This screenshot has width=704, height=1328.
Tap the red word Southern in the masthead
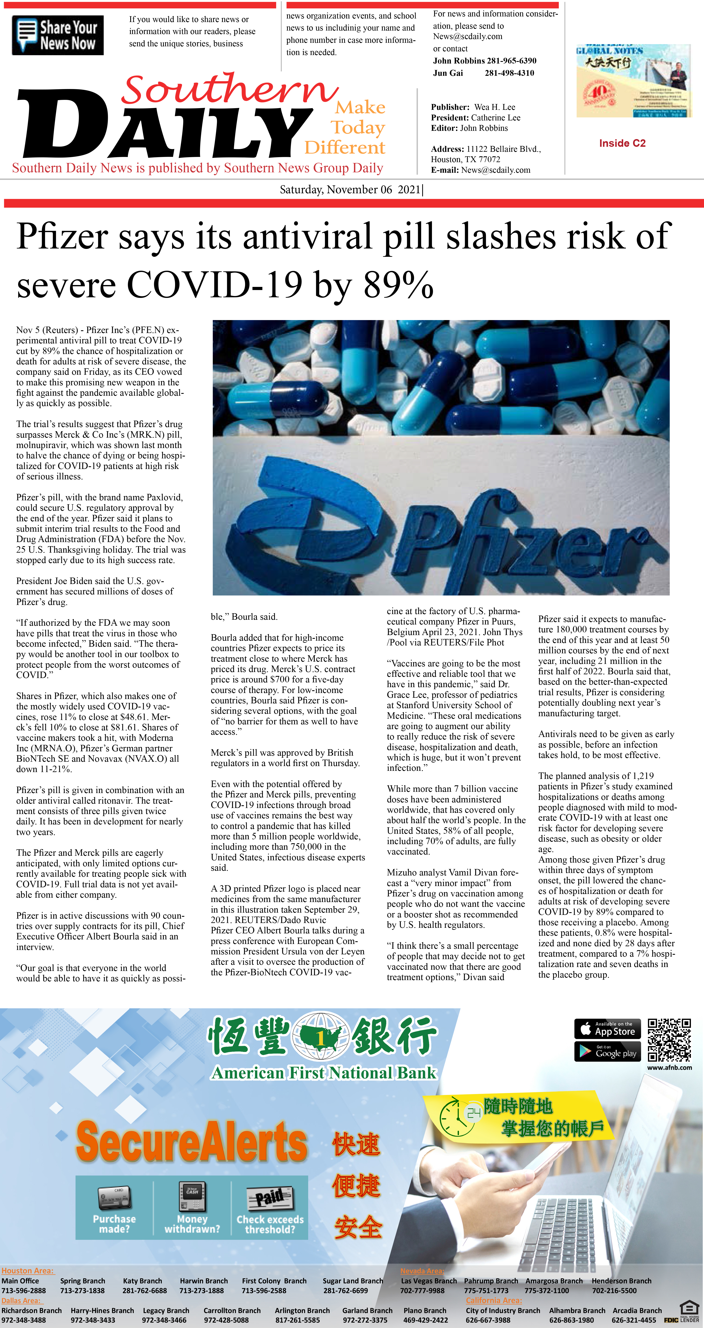[229, 89]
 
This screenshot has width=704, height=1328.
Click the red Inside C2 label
[622, 143]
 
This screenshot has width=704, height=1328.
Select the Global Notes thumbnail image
[633, 81]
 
